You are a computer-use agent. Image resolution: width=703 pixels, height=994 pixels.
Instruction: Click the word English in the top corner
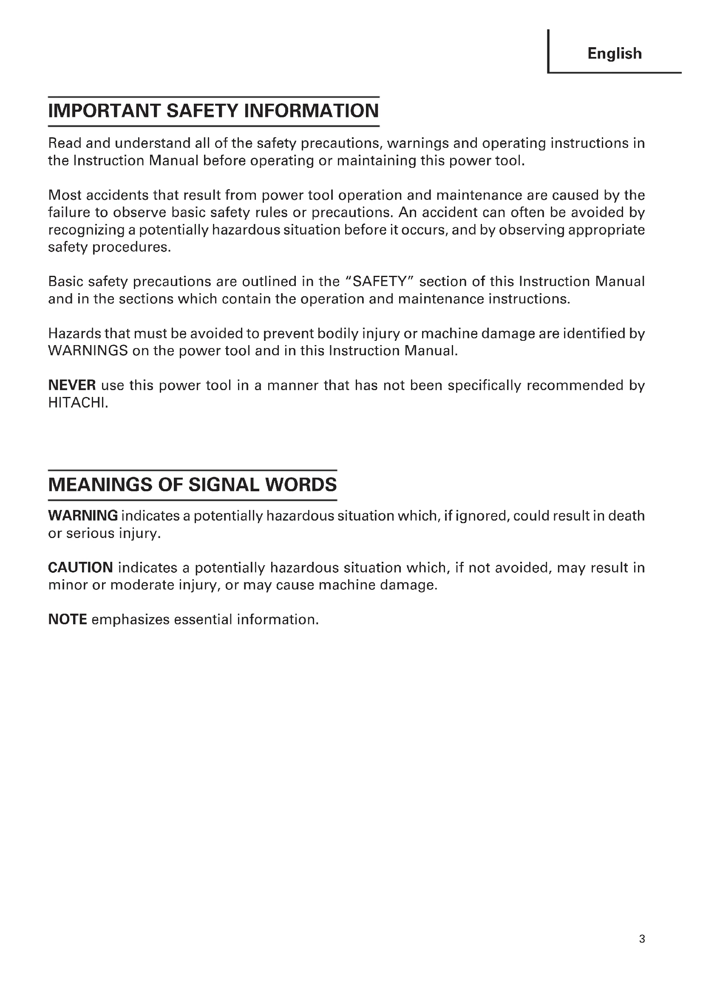coord(614,54)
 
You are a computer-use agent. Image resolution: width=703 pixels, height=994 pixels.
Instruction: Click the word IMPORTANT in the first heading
coord(104,111)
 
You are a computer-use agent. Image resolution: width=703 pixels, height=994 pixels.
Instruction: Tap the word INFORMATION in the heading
coord(311,111)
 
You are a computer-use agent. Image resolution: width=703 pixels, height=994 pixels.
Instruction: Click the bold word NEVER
coord(72,385)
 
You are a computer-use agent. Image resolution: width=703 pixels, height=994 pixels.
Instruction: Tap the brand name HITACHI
coord(77,403)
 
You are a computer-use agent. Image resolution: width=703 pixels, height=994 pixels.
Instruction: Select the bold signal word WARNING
coord(83,515)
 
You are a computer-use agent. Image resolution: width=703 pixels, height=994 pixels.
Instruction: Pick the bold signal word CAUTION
coord(80,568)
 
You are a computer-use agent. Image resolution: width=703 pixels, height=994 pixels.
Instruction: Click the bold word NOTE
coord(68,620)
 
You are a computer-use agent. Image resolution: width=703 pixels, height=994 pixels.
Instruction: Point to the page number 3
coord(642,939)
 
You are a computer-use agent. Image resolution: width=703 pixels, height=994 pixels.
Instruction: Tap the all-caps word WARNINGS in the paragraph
coord(88,351)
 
